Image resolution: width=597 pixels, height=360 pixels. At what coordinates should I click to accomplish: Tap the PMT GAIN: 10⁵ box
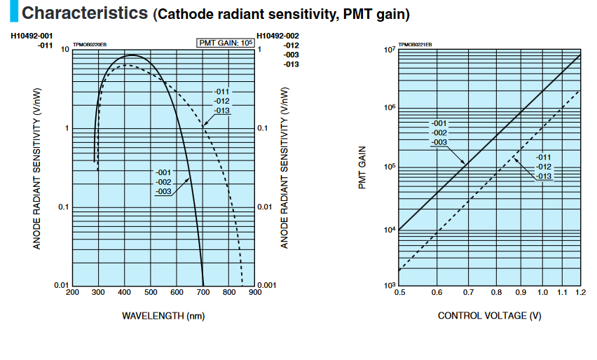click(226, 43)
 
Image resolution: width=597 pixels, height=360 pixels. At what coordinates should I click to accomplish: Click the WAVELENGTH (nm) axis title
click(163, 316)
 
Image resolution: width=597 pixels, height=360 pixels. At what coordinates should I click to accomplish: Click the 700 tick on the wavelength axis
click(203, 292)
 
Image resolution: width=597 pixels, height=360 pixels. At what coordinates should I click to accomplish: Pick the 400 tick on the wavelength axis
click(125, 292)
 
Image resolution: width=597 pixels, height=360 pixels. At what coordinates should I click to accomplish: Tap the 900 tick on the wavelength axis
click(254, 292)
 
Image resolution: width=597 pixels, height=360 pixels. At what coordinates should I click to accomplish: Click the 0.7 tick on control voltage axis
click(467, 291)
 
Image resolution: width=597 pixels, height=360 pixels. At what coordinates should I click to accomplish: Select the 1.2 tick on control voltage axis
click(580, 291)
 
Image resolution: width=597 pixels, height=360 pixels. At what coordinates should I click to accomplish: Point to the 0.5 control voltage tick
click(400, 291)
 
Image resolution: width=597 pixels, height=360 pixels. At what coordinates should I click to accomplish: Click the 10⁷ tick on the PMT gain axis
click(390, 50)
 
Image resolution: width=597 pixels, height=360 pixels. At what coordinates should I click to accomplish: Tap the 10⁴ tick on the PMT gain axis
click(390, 230)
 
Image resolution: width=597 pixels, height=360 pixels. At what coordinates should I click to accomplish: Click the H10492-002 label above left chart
click(278, 36)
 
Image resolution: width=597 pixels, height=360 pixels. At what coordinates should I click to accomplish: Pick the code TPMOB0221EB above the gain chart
click(416, 46)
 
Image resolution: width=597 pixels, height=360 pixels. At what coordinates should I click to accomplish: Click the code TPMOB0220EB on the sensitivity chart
click(90, 46)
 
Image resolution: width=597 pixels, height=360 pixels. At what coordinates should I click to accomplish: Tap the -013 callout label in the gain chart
click(544, 176)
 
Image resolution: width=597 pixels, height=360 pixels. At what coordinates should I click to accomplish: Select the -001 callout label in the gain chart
click(439, 124)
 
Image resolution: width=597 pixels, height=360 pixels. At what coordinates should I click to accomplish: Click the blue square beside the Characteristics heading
click(13, 13)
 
